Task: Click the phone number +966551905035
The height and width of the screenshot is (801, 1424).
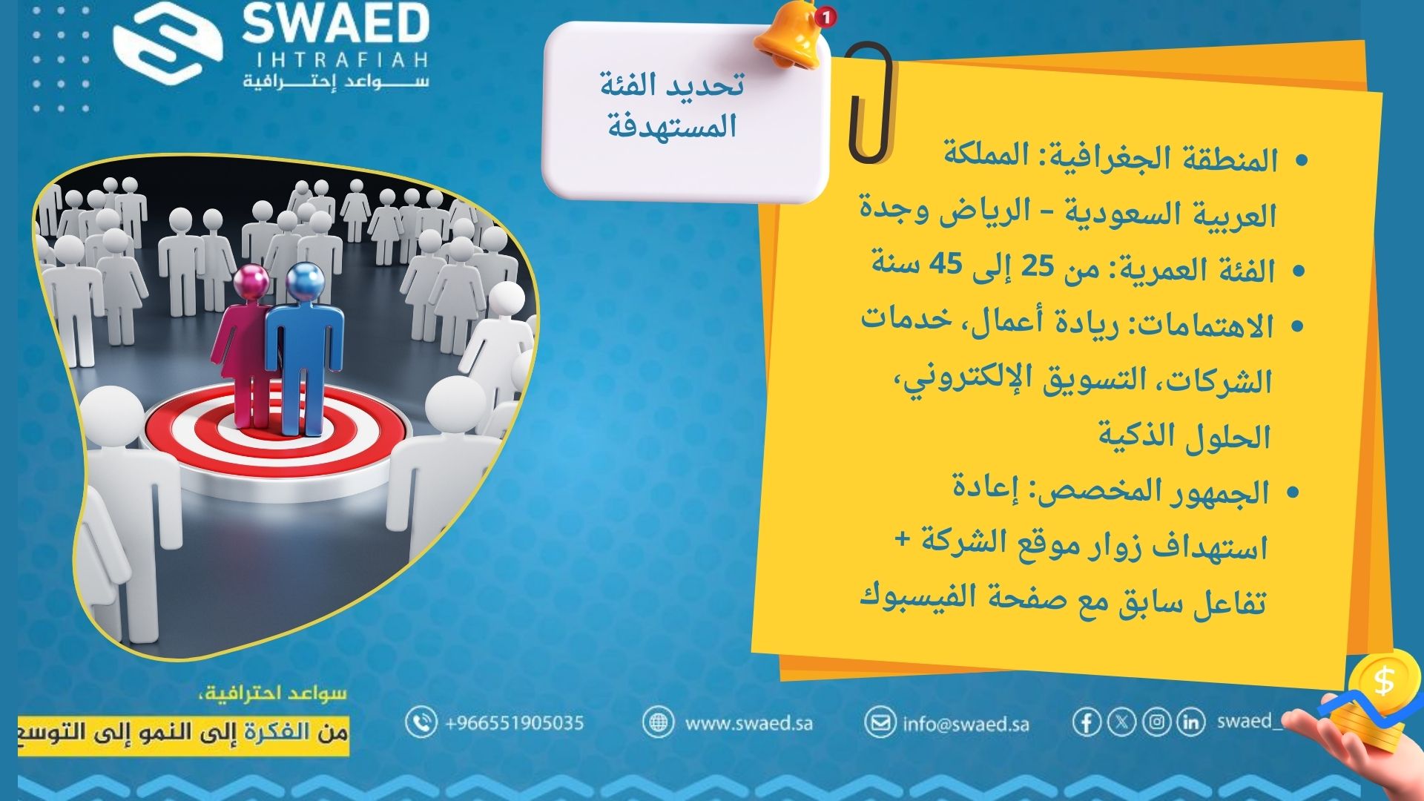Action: point(514,722)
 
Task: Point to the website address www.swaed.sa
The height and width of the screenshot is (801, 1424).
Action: point(748,722)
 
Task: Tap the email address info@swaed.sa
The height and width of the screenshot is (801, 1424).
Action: point(966,723)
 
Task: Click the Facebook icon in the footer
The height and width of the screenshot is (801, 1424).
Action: point(1087,722)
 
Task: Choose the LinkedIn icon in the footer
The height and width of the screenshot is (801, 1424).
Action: point(1190,722)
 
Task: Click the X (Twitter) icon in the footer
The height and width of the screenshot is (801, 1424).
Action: point(1121,722)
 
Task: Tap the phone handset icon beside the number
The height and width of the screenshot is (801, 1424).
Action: point(421,722)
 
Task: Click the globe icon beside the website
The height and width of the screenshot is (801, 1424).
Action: point(657,722)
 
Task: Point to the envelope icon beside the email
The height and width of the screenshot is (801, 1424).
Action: point(880,722)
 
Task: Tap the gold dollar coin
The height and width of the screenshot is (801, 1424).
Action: point(1384,681)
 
